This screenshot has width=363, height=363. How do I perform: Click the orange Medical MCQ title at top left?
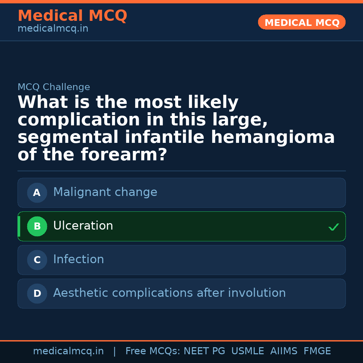point(72,16)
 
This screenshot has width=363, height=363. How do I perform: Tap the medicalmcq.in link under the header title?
point(53,29)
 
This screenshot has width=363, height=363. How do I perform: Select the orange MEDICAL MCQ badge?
point(301,23)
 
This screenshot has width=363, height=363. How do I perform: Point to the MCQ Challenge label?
point(54,87)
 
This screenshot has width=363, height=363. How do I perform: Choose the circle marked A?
point(37,193)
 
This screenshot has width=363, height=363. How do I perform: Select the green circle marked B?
point(37,227)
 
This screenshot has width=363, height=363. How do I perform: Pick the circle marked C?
point(37,260)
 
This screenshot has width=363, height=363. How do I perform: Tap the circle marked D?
point(37,294)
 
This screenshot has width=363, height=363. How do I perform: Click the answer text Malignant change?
point(105,192)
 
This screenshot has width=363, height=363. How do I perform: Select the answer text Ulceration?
point(83,226)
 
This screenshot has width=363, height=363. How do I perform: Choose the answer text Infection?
point(79,259)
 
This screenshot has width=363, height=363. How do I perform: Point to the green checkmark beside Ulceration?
point(333,228)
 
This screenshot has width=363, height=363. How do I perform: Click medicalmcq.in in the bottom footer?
point(68,351)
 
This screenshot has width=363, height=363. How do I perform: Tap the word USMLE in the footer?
point(247,351)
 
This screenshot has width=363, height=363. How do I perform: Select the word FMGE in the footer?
point(317,351)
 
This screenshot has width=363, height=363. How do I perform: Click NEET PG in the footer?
point(204,351)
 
